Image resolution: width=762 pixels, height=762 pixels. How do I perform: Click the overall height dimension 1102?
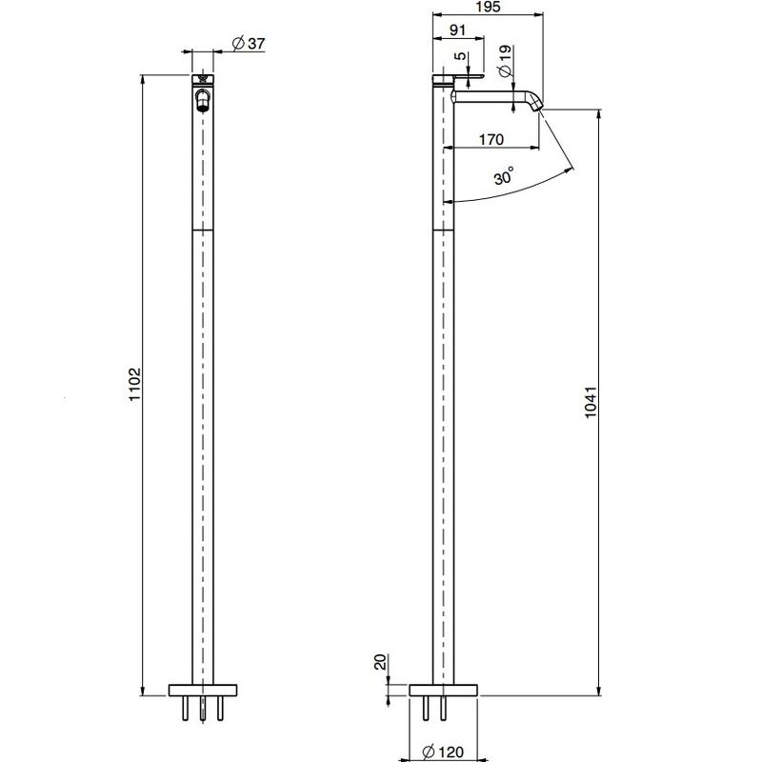134,384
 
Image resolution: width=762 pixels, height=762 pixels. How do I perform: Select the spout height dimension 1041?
590,402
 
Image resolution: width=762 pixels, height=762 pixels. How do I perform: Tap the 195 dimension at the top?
489,7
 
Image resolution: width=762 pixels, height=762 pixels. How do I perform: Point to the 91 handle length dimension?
457,30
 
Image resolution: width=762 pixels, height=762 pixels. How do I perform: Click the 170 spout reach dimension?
491,139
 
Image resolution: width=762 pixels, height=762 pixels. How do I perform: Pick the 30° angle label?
504,176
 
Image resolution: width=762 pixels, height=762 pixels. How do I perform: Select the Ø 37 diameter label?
249,43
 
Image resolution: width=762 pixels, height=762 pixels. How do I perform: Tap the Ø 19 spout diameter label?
505,61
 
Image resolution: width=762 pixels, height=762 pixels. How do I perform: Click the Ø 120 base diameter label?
443,752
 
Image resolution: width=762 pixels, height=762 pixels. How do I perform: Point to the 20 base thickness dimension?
380,662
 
